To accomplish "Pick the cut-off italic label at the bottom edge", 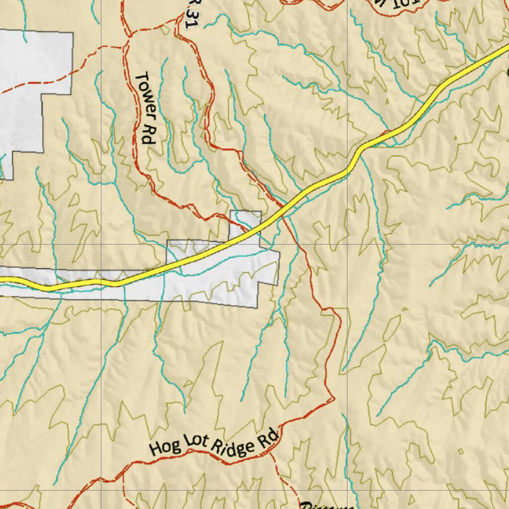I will pyautogui.click(x=326, y=505).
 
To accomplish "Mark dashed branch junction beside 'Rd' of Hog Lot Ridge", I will pyautogui.click(x=271, y=453).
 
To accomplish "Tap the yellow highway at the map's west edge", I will pyautogui.click(x=2, y=280).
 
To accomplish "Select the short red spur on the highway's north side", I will pyautogui.click(x=385, y=133).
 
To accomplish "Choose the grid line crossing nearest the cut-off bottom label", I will pyautogui.click(x=346, y=491).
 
